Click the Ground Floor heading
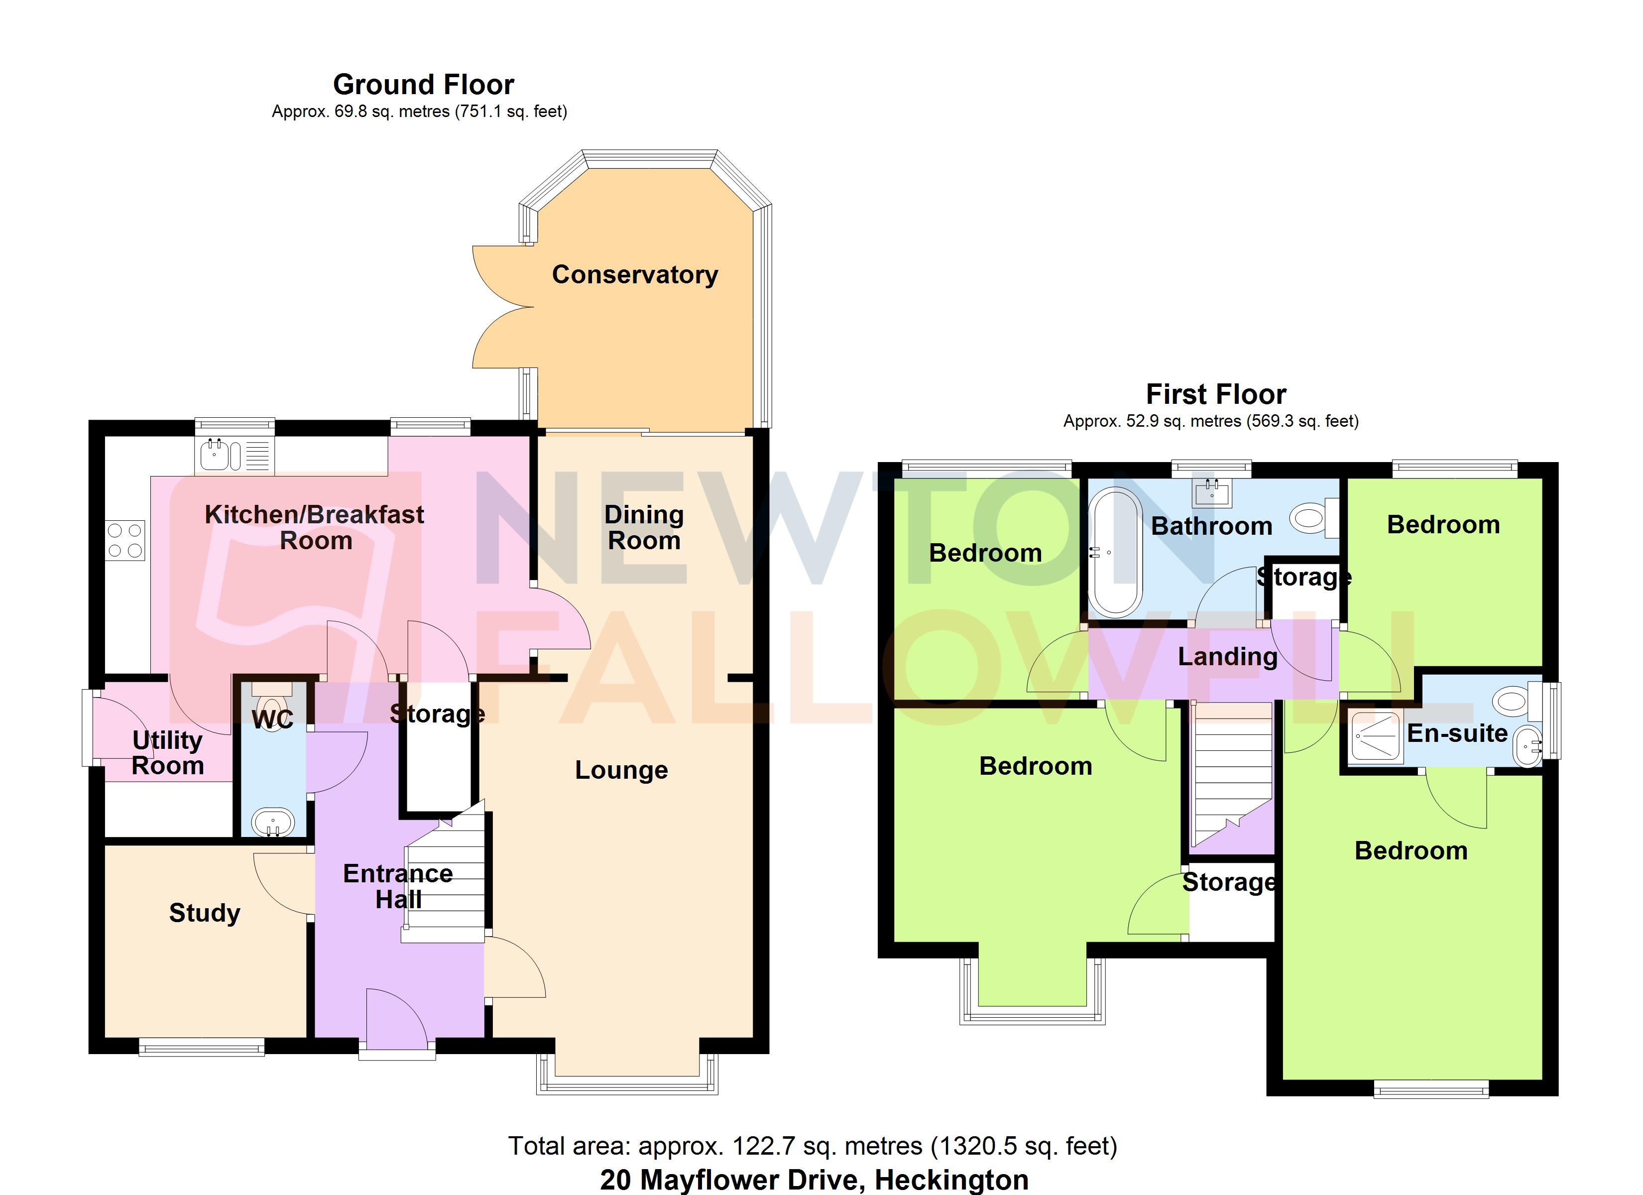click(x=423, y=85)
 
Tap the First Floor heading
click(x=1216, y=394)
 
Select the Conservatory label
click(x=635, y=275)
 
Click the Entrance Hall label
click(x=398, y=886)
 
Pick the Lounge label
click(x=621, y=770)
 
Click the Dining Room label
click(x=644, y=528)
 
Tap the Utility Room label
click(x=167, y=753)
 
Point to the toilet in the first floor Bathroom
click(x=1310, y=518)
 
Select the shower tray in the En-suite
click(x=1374, y=736)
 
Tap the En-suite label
click(x=1457, y=733)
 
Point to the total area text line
click(x=812, y=1146)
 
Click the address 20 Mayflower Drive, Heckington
click(x=814, y=1180)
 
